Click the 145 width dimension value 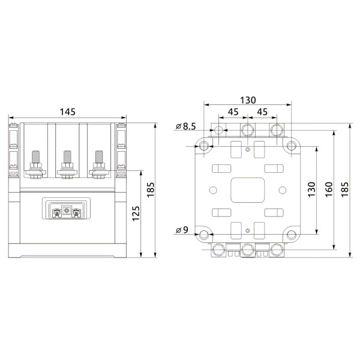[67, 112]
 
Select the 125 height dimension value [136, 212]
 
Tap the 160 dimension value [328, 190]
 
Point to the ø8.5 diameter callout [187, 126]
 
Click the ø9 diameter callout [183, 230]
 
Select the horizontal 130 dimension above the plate [248, 100]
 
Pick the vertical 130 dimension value [311, 190]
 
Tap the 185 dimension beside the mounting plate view [345, 190]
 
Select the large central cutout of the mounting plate [248, 190]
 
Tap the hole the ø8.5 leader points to [219, 130]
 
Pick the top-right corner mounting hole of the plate [292, 146]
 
